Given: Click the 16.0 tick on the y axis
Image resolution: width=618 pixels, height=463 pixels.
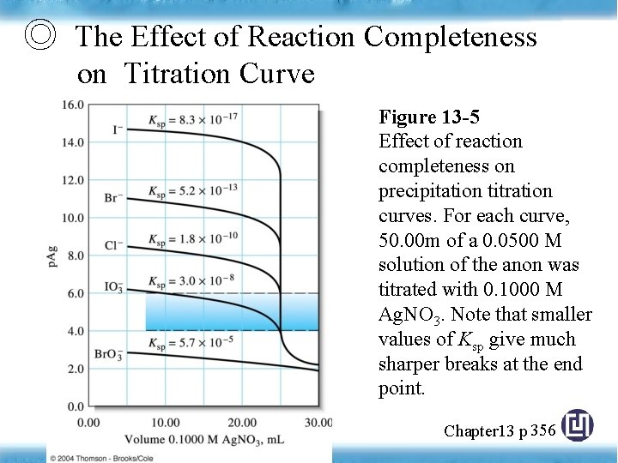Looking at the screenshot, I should point(73,105).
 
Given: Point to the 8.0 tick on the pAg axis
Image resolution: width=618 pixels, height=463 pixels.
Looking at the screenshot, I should point(76,255).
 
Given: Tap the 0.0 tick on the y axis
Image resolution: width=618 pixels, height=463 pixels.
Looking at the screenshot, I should point(76,406).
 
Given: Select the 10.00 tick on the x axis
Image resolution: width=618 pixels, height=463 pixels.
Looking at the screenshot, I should point(165,422).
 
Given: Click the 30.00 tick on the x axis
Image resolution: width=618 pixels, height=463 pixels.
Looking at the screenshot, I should point(318,422).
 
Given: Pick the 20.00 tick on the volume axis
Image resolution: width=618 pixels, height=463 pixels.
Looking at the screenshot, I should point(242,422).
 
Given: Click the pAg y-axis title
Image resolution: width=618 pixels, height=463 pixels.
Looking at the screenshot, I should point(52,255).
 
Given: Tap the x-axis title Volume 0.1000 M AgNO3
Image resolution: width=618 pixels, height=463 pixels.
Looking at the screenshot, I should point(203,438).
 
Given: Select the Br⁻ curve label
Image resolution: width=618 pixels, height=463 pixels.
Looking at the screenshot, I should point(113,198).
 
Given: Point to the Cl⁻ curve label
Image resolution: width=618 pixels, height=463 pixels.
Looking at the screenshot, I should point(113,245).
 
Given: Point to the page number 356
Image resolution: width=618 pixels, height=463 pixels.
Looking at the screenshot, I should point(543,430).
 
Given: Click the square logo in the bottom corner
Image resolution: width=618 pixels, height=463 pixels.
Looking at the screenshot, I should point(579,426).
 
